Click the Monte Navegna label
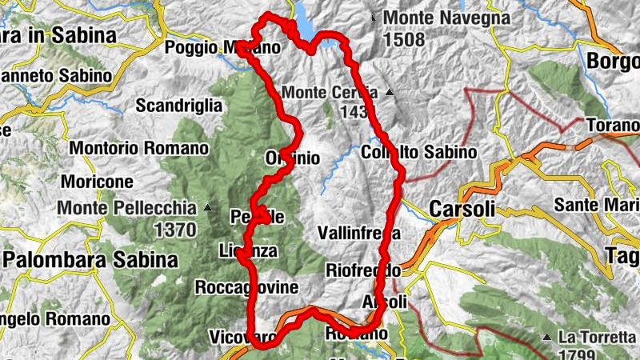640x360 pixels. tap(446, 17)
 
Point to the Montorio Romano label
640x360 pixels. tap(139, 148)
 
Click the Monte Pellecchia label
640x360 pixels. tap(126, 208)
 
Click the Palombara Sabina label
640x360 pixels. tap(90, 260)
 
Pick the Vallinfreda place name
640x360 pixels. tap(358, 233)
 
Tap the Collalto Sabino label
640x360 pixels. tap(418, 152)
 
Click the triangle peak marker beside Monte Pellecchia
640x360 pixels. tap(208, 208)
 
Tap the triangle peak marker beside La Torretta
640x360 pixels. tap(547, 337)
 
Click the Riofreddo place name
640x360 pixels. tap(362, 270)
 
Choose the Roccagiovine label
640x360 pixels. tap(246, 287)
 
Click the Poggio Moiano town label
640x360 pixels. tap(222, 48)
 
